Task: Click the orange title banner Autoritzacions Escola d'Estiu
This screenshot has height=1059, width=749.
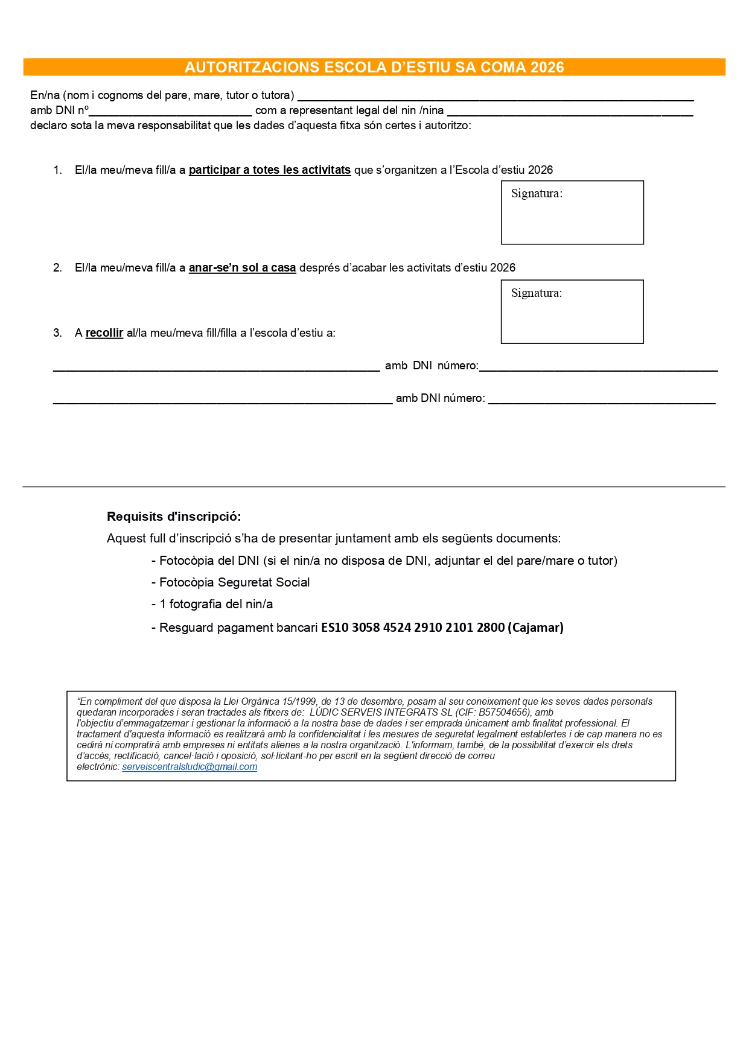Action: [x=374, y=67]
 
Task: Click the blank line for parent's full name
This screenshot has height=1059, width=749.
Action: [x=495, y=97]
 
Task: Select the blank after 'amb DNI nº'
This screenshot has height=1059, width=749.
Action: [x=170, y=112]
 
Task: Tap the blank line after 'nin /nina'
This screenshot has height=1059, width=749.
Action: [x=570, y=112]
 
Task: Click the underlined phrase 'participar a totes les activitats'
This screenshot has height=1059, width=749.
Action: [x=270, y=170]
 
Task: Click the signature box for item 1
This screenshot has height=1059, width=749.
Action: [x=572, y=213]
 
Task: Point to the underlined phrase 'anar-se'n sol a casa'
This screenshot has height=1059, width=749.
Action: [x=242, y=268]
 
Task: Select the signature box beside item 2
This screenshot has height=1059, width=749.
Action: [x=572, y=312]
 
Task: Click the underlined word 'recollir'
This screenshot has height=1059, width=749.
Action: [x=104, y=333]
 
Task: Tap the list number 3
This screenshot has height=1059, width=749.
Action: [x=57, y=333]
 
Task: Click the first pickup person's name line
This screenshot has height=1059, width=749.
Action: [x=216, y=367]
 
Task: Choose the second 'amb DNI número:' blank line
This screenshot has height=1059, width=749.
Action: [x=601, y=400]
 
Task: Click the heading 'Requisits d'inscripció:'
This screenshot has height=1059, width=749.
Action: [x=174, y=517]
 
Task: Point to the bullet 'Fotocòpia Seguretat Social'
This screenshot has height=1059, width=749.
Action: [x=234, y=582]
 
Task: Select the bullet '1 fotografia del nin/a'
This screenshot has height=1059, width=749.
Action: [x=216, y=604]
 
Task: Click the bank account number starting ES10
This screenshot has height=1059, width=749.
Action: [x=413, y=628]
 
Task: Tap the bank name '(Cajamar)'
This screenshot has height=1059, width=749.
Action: [x=536, y=628]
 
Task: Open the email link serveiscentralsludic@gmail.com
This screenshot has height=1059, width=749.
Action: [x=190, y=767]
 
